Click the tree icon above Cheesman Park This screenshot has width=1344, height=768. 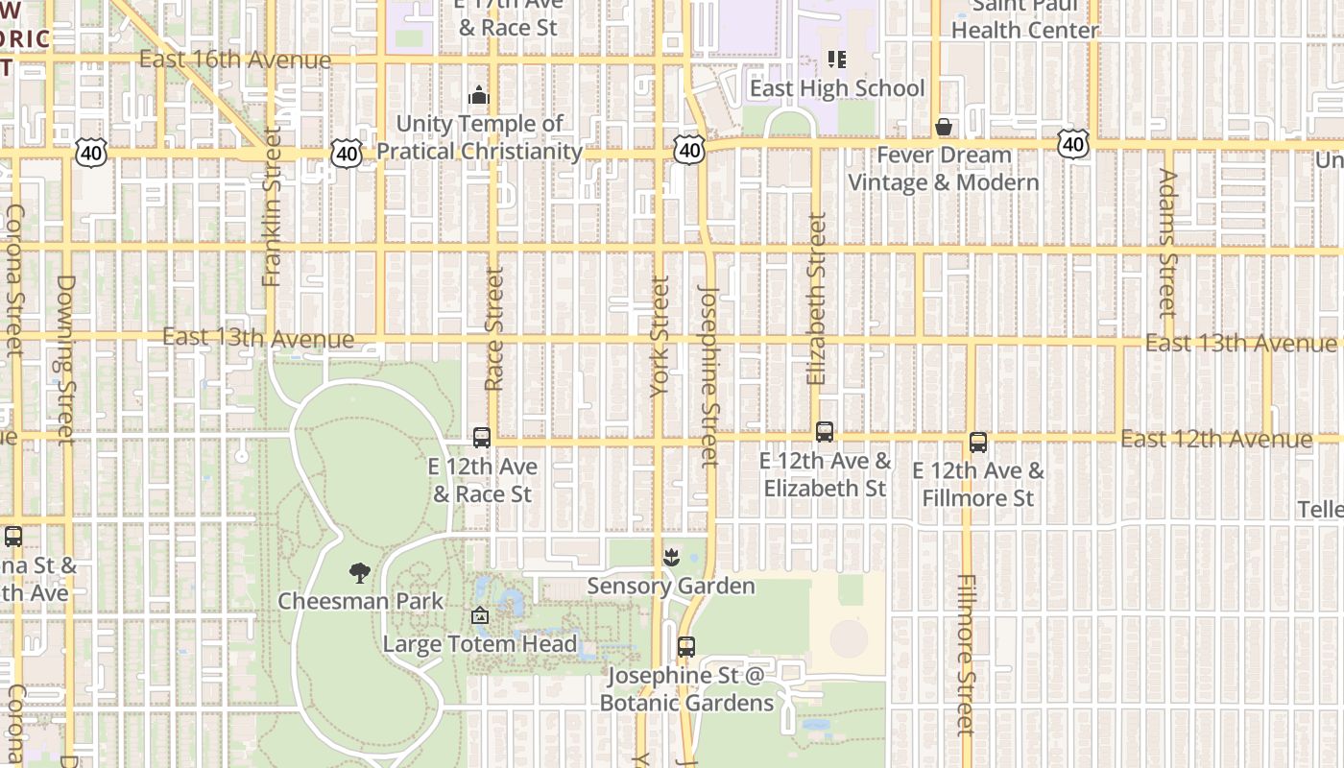(360, 574)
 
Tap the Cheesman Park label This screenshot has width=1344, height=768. (361, 602)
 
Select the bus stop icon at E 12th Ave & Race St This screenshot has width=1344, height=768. (482, 438)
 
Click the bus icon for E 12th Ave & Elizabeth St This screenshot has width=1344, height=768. (825, 432)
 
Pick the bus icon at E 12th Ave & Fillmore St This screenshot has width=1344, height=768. (978, 443)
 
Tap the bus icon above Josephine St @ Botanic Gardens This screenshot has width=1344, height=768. (686, 647)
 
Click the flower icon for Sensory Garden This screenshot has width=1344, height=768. (671, 558)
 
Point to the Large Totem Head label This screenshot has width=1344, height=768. (480, 644)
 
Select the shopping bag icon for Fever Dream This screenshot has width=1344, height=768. (944, 127)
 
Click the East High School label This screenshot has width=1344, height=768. (837, 88)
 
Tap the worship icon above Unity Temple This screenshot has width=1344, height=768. (479, 96)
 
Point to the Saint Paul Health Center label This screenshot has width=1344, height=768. (1023, 19)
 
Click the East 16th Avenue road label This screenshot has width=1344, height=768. (235, 60)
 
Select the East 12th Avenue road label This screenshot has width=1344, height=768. (1216, 440)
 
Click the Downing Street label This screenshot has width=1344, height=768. (65, 360)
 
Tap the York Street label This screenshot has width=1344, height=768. (660, 336)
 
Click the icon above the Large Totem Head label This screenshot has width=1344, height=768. (480, 616)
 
